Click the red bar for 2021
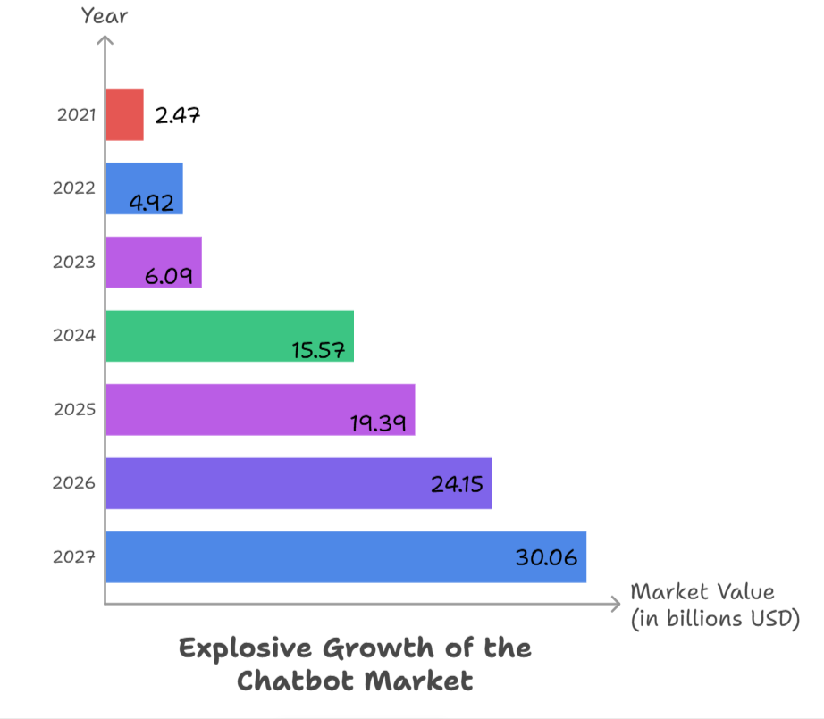pos(124,115)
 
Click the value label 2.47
pos(178,115)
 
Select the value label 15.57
pos(318,349)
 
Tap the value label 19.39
pos(378,423)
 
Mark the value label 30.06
pos(546,557)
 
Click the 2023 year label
pos(74,263)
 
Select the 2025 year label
pos(74,410)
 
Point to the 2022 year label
pos(74,188)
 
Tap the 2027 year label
pos(74,557)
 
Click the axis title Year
pos(105,15)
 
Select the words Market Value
pos(702,591)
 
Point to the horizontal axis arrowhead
pos(615,604)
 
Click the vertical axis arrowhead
pos(105,40)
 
